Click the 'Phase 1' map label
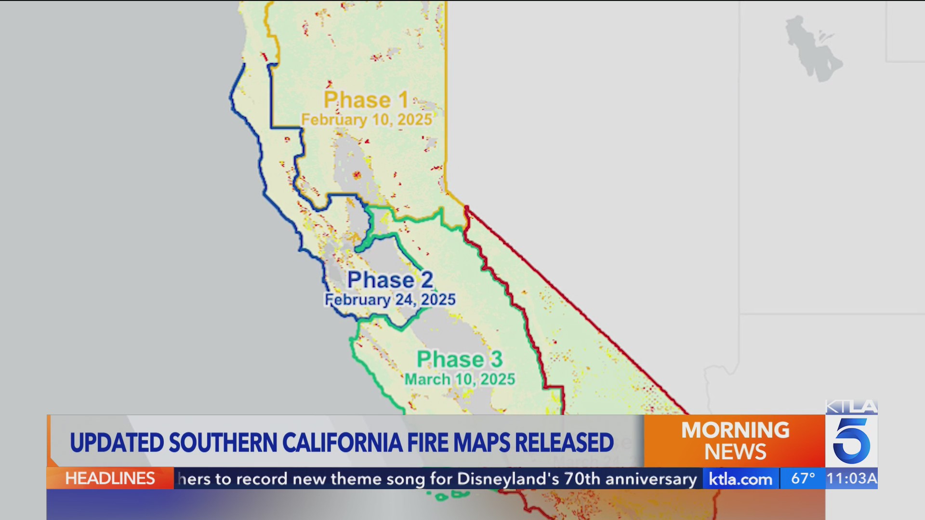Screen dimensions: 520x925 (366, 100)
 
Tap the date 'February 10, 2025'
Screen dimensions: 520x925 (366, 119)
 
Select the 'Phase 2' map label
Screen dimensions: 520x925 (390, 280)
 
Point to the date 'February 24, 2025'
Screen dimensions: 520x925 (390, 299)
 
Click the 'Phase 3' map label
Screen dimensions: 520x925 (460, 359)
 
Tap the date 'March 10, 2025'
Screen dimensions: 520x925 (460, 379)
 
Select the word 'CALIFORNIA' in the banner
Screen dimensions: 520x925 (342, 442)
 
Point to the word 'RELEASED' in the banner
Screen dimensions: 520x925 (564, 442)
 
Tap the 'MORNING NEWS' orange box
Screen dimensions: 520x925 (735, 441)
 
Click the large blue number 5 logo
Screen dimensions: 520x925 (851, 441)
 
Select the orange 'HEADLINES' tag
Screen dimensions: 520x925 (110, 478)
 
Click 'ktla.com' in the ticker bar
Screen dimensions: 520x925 (740, 479)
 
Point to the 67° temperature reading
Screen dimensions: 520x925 (803, 478)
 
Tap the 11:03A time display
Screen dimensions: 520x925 (851, 478)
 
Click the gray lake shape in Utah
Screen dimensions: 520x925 (812, 48)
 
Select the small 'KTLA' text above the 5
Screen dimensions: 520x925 (851, 407)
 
